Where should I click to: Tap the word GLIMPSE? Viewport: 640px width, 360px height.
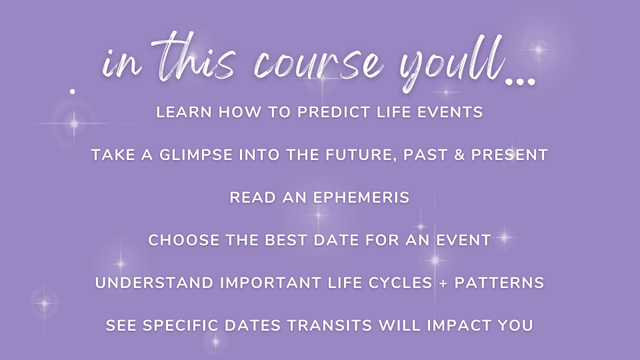(196, 155)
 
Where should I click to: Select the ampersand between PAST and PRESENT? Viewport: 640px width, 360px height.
(459, 155)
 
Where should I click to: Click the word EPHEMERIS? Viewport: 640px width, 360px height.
(361, 198)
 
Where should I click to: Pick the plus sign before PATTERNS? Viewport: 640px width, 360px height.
(443, 283)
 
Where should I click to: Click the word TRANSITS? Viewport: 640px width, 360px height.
(330, 326)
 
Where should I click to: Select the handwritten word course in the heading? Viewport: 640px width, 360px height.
(319, 63)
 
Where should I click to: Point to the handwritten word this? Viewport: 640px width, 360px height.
(195, 57)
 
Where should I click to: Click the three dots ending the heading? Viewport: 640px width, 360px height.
(520, 81)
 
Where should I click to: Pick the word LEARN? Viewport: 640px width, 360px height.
(184, 112)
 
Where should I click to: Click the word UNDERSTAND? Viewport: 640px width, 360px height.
(154, 283)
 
